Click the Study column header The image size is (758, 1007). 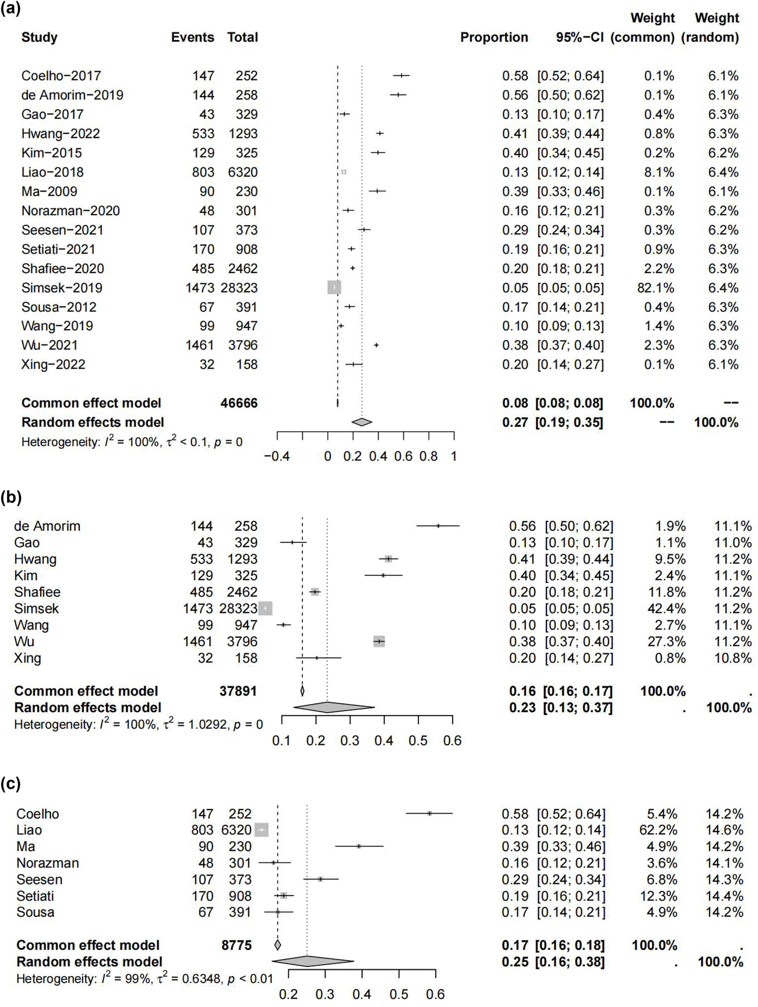[39, 37]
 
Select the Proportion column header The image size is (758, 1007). [494, 37]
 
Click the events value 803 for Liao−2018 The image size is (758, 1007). [203, 172]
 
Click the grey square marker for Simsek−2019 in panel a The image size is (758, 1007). [334, 288]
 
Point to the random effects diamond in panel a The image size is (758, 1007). [362, 422]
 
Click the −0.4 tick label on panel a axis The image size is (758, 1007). [277, 456]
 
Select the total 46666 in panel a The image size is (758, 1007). [239, 403]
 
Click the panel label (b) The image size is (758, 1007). [11, 497]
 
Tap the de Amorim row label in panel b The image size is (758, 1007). [47, 526]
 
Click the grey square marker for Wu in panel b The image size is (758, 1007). [379, 641]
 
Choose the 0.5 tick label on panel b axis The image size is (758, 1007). [418, 741]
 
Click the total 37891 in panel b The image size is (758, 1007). [238, 691]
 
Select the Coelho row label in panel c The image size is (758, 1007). [38, 814]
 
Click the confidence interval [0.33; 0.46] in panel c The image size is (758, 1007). [571, 846]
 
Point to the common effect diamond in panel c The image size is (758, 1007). [278, 945]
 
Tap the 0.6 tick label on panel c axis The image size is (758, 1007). [435, 994]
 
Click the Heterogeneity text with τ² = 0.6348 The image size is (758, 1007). [144, 978]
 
